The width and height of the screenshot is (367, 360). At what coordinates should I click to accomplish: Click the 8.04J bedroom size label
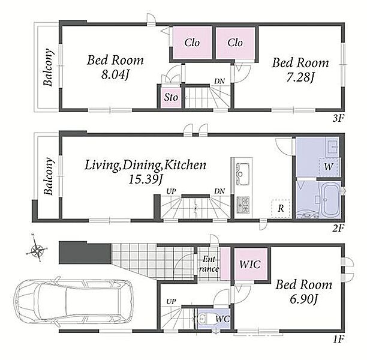coord(115,75)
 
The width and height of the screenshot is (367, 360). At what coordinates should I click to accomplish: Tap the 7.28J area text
coord(300,77)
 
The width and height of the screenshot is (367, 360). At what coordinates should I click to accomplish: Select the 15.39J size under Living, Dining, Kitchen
coord(146,179)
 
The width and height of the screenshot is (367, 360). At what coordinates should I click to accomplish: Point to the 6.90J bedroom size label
coord(303,299)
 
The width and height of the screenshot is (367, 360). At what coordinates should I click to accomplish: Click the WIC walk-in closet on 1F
coord(251,264)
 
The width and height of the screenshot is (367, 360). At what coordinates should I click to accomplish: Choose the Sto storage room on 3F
coord(171,97)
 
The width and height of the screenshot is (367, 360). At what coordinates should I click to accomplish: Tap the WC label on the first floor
coord(222,319)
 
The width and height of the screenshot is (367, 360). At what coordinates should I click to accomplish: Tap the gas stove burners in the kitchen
coord(243,205)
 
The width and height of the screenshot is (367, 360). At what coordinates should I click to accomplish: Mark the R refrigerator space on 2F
coord(281,208)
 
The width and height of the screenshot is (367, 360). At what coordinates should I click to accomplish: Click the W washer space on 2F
coord(329,167)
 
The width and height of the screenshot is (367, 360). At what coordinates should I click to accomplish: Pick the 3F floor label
coord(338,119)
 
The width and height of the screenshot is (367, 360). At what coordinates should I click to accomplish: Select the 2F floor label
coord(338,228)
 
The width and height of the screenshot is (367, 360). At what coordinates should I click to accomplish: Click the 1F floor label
coord(338,338)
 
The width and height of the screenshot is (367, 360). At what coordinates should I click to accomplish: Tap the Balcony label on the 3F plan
coord(49,67)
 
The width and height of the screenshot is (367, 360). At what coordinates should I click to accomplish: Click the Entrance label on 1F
coord(209,264)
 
